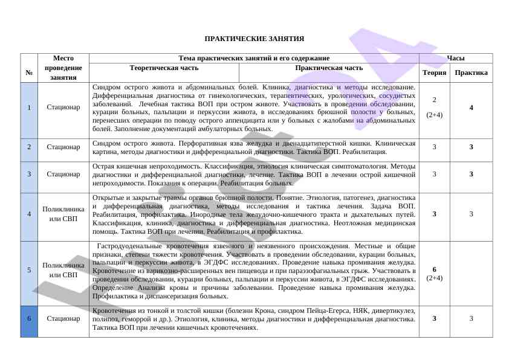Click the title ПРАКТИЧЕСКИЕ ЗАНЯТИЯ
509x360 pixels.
(254, 39)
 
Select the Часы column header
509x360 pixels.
(455, 58)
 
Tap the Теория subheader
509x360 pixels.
(434, 72)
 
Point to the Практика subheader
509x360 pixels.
(471, 72)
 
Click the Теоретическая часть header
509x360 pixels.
(164, 68)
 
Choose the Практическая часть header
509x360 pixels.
(329, 68)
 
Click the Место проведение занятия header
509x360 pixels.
(63, 68)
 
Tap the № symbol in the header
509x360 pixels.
(29, 72)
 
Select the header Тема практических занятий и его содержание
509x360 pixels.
(254, 58)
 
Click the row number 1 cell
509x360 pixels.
(29, 108)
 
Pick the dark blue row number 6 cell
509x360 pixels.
(29, 318)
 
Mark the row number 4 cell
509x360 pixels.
(29, 213)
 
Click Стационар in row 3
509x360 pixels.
(63, 174)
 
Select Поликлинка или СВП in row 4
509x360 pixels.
(63, 213)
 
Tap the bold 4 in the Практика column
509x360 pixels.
(471, 108)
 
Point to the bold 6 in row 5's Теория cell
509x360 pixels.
(434, 269)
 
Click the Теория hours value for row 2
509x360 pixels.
(434, 147)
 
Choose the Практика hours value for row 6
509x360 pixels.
(471, 318)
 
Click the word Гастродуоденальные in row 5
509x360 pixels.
(126, 246)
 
